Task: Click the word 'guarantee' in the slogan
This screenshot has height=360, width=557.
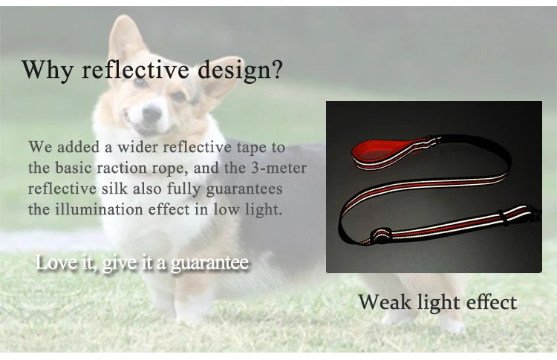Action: [210, 264]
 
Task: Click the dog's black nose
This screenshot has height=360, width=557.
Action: [152, 113]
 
